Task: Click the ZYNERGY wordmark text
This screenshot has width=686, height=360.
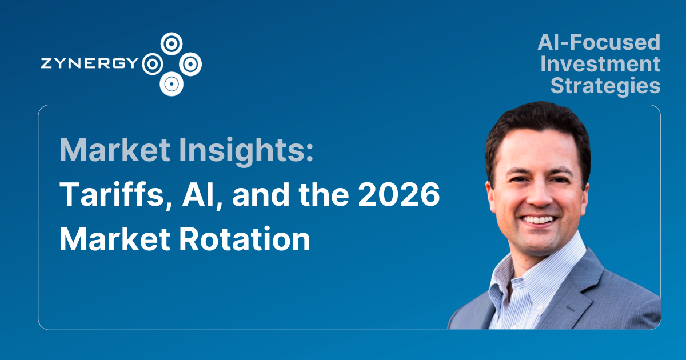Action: coord(90,63)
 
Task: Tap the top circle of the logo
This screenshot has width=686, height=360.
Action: coord(171,42)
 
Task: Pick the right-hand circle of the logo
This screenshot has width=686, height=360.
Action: coord(190,63)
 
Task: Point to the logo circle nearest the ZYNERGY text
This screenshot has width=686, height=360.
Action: coord(151,63)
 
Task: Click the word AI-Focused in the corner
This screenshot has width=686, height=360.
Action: coord(599,42)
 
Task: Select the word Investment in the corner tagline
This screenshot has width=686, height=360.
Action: coord(600,64)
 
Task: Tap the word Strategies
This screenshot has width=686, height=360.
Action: coord(605,86)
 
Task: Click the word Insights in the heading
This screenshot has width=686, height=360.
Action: coord(242,150)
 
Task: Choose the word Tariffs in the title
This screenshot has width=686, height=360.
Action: coord(101,195)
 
